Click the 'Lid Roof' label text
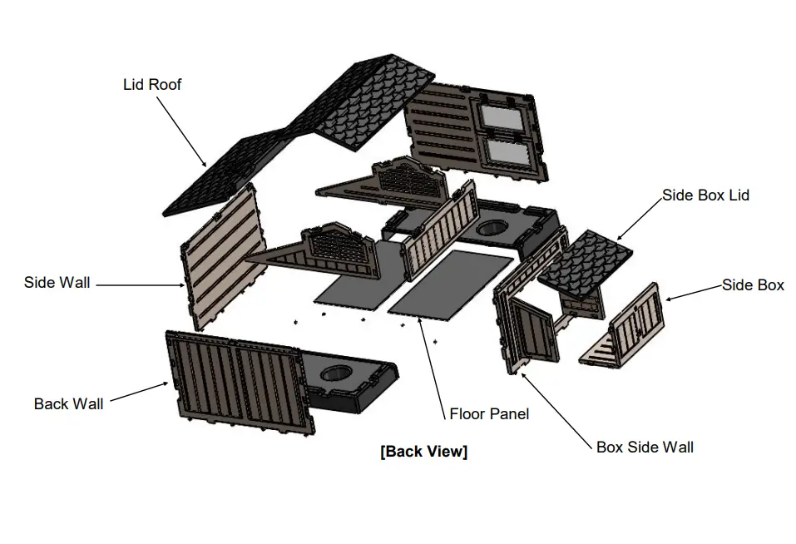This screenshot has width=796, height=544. pyautogui.click(x=151, y=84)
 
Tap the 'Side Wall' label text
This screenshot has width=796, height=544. pyautogui.click(x=57, y=283)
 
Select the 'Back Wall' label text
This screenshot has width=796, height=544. pyautogui.click(x=68, y=403)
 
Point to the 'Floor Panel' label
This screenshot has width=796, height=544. pyautogui.click(x=488, y=413)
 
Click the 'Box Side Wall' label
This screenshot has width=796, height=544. pyautogui.click(x=645, y=447)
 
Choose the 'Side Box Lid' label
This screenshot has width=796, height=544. pyautogui.click(x=705, y=195)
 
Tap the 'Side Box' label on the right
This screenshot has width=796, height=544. pyautogui.click(x=752, y=284)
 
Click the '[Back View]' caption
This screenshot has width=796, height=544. pyautogui.click(x=423, y=452)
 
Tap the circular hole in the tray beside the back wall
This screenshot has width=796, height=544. pyautogui.click(x=336, y=373)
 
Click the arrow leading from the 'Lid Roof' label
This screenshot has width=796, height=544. pyautogui.click(x=180, y=130)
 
